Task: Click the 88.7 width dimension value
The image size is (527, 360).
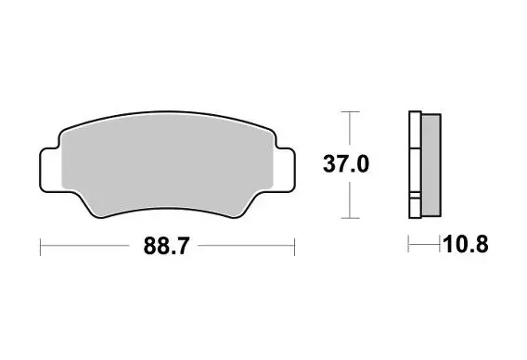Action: click(163, 247)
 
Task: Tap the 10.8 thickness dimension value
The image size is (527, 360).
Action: click(466, 247)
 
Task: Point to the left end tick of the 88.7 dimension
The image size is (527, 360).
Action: click(40, 247)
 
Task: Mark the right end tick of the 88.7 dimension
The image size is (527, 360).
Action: click(294, 247)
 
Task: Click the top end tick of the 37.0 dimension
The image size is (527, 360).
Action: click(348, 111)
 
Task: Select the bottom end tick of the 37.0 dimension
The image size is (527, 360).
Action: click(348, 219)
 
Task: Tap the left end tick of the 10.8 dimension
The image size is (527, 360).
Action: click(409, 247)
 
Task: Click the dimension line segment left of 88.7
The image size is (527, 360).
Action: click(88, 247)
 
